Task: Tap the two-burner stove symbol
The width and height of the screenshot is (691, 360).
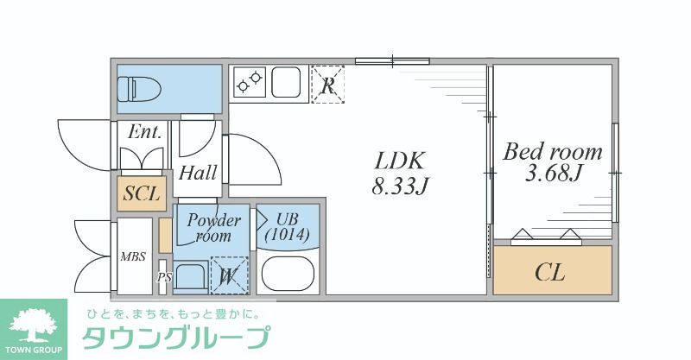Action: (250, 82)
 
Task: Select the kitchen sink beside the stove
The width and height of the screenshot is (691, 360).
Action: (289, 82)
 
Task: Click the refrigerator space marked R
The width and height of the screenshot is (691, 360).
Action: (327, 85)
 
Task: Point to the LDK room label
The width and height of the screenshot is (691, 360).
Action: (400, 161)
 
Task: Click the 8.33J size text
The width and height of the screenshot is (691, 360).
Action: (401, 185)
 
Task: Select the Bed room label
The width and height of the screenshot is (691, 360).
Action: (553, 152)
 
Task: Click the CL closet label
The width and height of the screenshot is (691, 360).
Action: (550, 273)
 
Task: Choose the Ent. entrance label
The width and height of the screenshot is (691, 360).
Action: (144, 132)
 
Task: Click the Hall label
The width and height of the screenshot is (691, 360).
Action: (198, 173)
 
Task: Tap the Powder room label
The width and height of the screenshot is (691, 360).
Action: (212, 228)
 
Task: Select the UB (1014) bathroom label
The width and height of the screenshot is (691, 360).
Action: (289, 226)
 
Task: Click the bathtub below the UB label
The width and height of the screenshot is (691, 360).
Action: (288, 274)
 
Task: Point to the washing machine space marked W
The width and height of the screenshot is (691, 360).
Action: (228, 276)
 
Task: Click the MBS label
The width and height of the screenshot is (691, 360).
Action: (133, 256)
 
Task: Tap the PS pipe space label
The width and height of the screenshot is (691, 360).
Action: (163, 278)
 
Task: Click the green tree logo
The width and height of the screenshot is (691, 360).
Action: (33, 323)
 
